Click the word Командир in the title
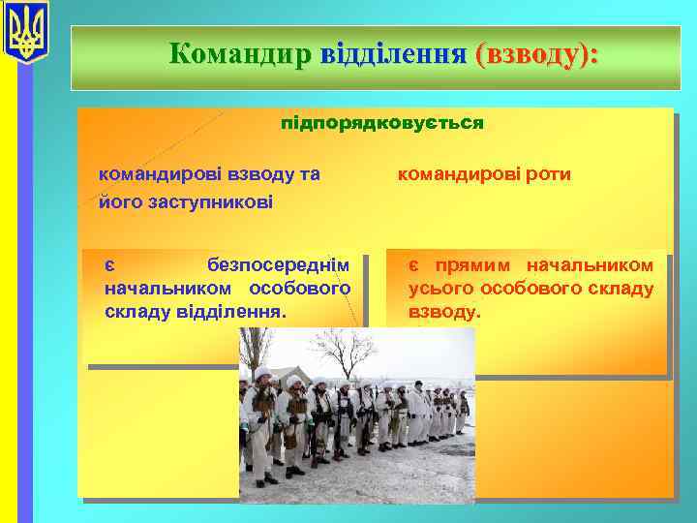(x=232, y=53)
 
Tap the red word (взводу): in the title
(x=536, y=53)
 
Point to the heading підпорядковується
(x=381, y=124)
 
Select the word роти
(x=547, y=174)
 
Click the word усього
(x=440, y=289)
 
